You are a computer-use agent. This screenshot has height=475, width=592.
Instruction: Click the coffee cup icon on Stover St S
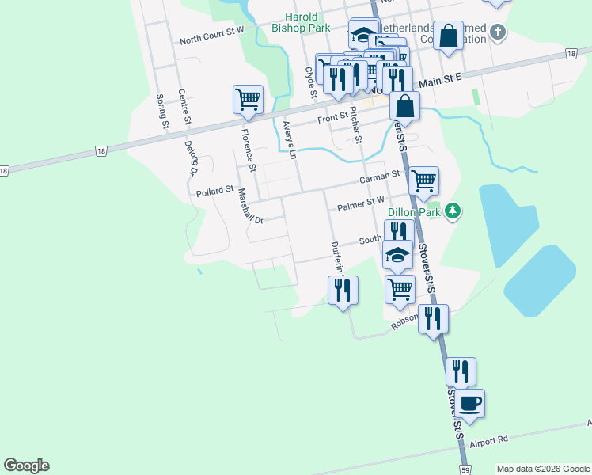coord(469,403)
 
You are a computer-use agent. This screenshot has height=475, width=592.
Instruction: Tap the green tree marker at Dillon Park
coord(453,211)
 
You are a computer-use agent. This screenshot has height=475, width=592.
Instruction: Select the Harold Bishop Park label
coord(300,21)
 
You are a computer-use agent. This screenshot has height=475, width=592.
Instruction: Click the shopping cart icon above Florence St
coord(248,100)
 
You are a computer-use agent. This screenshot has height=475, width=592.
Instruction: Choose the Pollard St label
coord(215,191)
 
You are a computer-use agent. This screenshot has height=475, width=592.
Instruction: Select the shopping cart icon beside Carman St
coord(424,180)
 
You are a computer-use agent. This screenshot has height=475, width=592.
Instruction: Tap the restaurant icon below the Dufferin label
coord(343,290)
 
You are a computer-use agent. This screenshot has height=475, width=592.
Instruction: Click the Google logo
coord(26,465)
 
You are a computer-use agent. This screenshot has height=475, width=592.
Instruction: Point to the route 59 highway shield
coord(465,470)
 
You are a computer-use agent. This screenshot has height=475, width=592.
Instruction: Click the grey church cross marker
coord(497,32)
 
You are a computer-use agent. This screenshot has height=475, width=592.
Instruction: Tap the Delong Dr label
coord(191,157)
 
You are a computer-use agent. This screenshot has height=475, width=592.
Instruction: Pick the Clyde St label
coord(310,82)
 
